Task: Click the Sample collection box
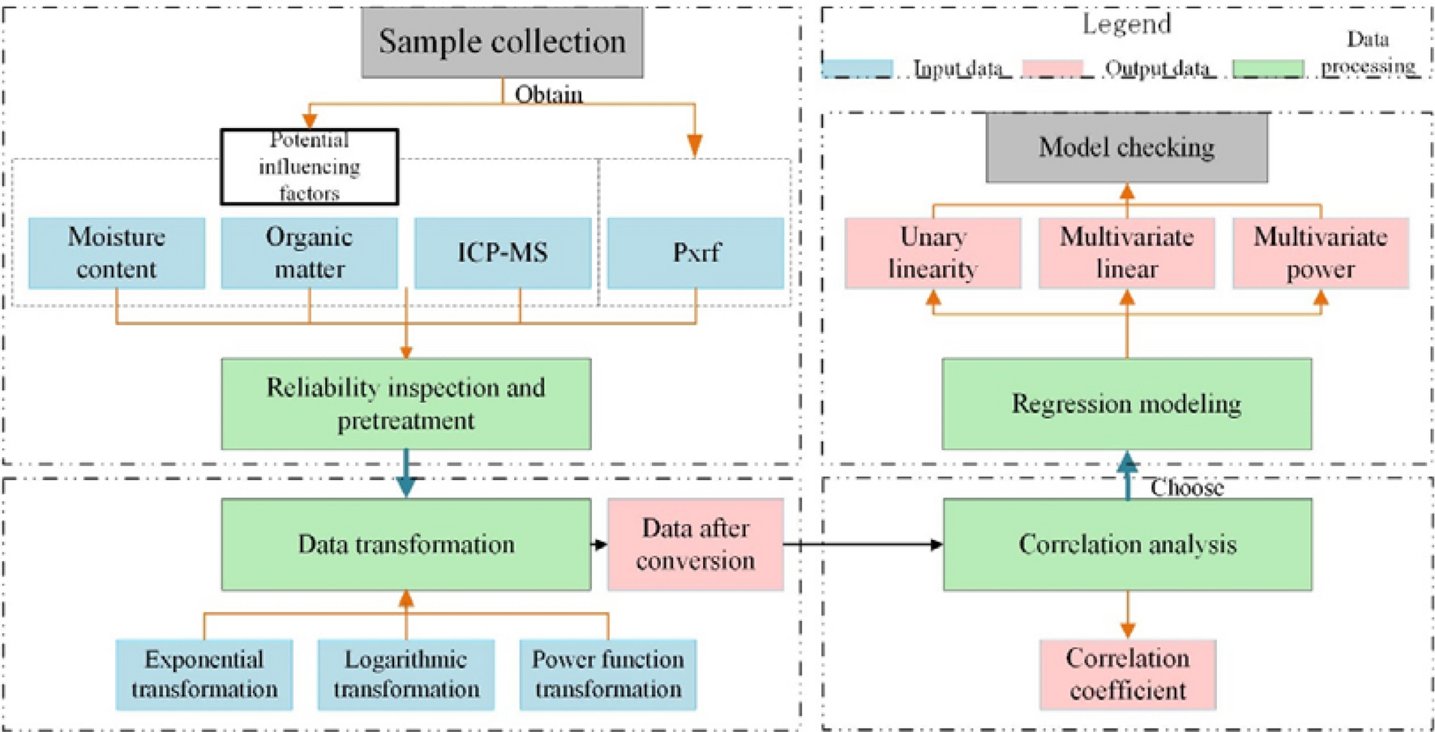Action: coord(502,42)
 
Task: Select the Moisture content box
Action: coord(117,253)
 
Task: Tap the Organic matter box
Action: coord(309,253)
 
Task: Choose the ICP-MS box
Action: coord(502,253)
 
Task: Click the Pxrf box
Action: coord(696,253)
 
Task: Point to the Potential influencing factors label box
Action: coord(309,166)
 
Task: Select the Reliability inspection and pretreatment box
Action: coord(405,404)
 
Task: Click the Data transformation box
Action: coord(405,544)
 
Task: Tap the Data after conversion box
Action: coord(695,544)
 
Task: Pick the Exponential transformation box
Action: coord(203,674)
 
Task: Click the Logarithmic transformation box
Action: coord(405,674)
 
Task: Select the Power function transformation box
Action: coord(607,674)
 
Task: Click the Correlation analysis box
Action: coord(1127,544)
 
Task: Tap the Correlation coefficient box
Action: coord(1127,674)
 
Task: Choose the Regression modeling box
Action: coord(1126,404)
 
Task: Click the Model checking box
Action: coord(1126,148)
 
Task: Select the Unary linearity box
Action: coord(932,253)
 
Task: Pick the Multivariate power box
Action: coord(1320,253)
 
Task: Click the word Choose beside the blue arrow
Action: coord(1186,488)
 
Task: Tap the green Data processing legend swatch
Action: coord(1268,68)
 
